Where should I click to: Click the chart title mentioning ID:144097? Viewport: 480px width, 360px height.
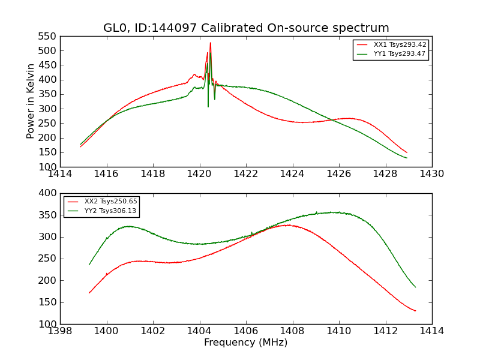pos(246,28)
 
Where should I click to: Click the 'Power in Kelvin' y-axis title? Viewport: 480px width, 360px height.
pos(31,101)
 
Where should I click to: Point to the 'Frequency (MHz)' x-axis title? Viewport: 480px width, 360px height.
pos(246,343)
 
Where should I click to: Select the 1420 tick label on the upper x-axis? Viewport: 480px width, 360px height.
pos(200,174)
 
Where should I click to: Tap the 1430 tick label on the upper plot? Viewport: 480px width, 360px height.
pos(432,174)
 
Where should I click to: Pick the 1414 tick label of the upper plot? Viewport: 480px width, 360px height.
pos(61,174)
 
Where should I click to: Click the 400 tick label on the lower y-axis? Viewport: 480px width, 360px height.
pos(48,194)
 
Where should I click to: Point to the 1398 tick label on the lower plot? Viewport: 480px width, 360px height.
pos(61,331)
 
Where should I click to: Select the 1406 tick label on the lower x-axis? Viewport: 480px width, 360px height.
pos(246,331)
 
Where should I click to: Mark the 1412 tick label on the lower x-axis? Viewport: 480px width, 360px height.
pos(385,331)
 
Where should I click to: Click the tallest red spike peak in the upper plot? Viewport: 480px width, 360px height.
pos(210,43)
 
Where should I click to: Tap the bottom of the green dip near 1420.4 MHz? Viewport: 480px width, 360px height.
pos(208,106)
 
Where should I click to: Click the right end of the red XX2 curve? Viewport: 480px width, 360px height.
pos(415,311)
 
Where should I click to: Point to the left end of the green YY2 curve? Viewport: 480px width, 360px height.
pos(89,265)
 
